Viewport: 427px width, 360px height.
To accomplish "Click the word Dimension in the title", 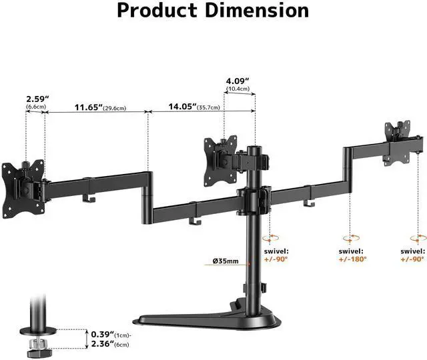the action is click(257, 11).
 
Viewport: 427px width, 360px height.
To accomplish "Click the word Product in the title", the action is click(157, 11).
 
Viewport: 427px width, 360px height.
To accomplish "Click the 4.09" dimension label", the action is click(238, 81).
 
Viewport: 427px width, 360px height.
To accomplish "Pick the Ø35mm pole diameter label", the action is click(226, 261).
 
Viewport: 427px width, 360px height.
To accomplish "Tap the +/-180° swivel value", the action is click(353, 259).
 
